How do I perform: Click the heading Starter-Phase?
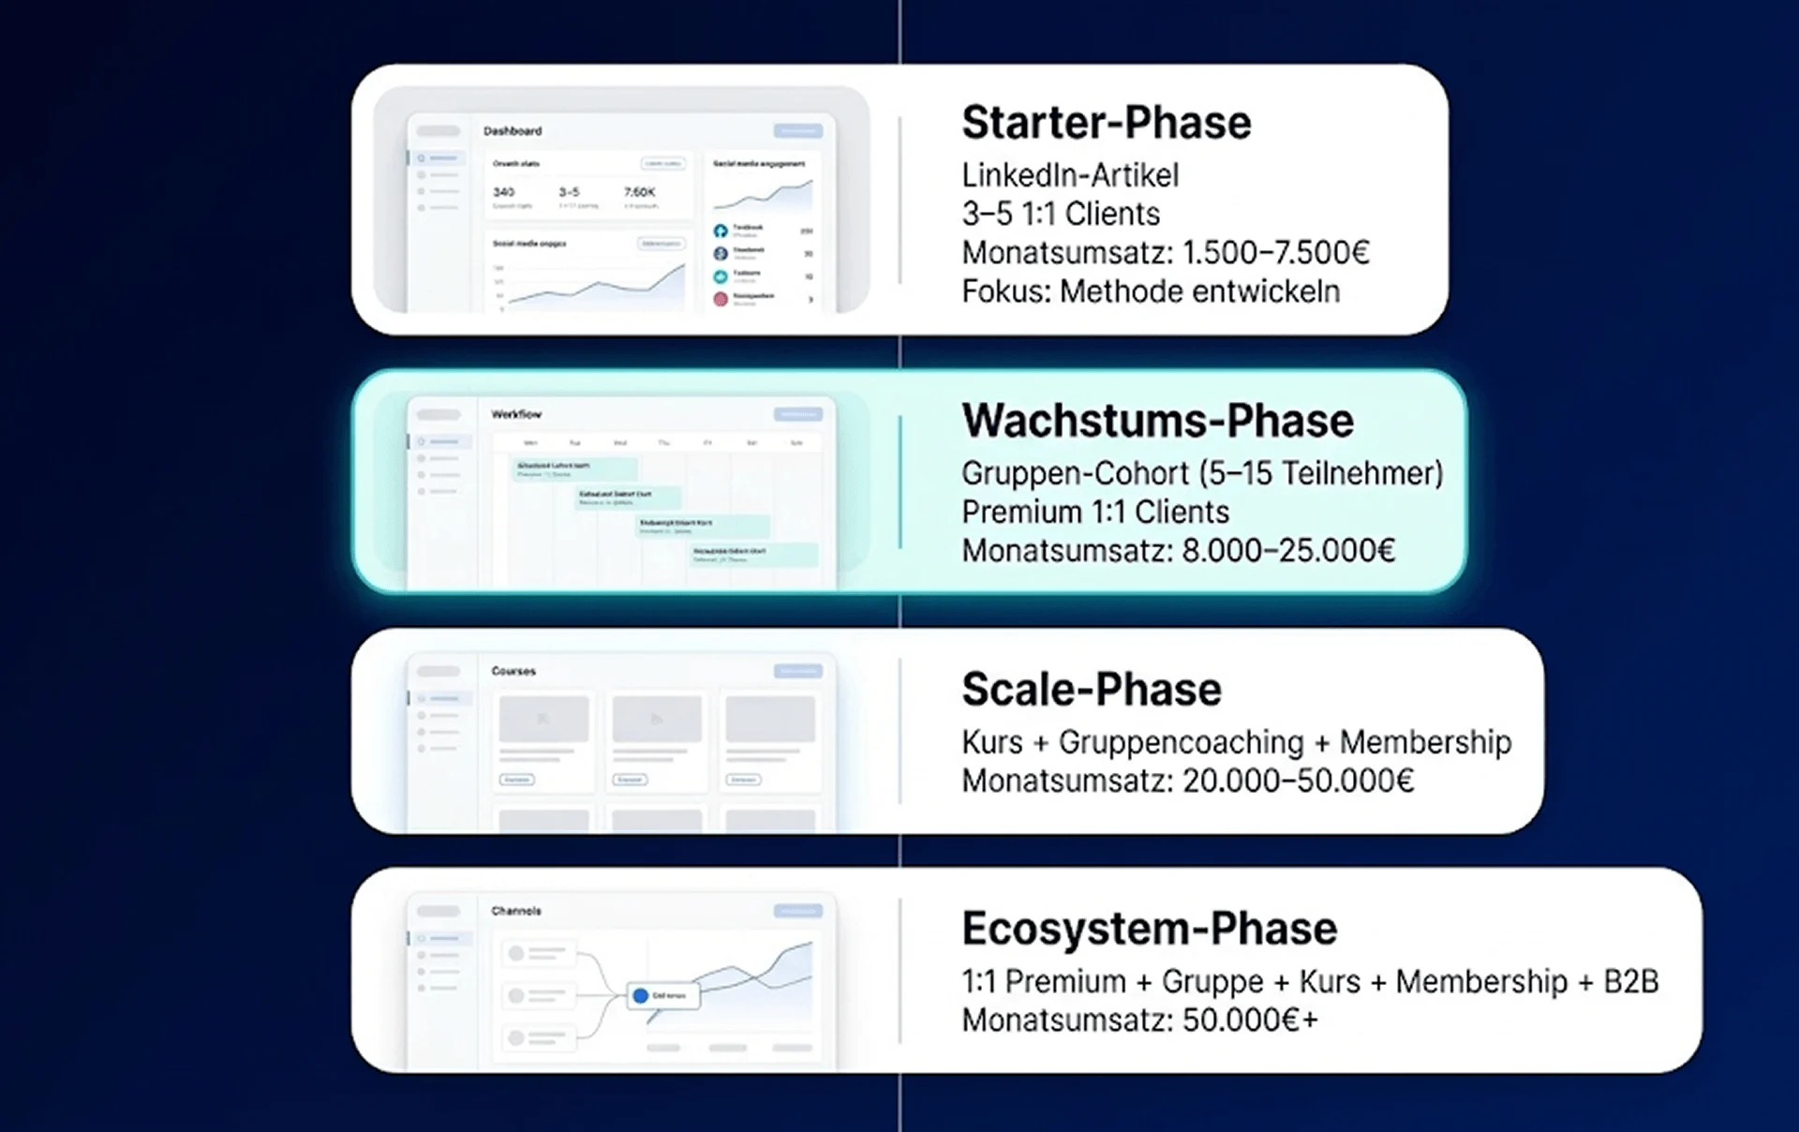[x=1106, y=123]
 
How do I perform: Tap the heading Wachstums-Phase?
[x=1157, y=421]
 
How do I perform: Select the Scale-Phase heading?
[x=1092, y=690]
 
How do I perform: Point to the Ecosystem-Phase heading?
[x=1149, y=929]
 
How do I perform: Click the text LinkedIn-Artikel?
[x=1070, y=175]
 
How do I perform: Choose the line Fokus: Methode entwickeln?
[x=1151, y=291]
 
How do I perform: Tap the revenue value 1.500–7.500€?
[x=1275, y=252]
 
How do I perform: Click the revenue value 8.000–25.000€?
[x=1287, y=550]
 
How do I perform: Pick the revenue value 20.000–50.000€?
[x=1298, y=781]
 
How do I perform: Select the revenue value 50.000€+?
[x=1250, y=1020]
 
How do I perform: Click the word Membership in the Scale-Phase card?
[x=1425, y=742]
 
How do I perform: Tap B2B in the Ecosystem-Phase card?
[x=1630, y=981]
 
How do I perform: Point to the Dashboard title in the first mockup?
[x=513, y=131]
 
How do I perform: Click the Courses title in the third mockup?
[x=513, y=671]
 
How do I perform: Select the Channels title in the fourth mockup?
[x=516, y=911]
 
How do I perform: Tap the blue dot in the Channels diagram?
[x=641, y=995]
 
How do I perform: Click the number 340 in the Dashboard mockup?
[x=504, y=192]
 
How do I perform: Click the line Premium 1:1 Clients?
[x=1094, y=512]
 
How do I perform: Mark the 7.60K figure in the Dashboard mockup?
[x=640, y=192]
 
